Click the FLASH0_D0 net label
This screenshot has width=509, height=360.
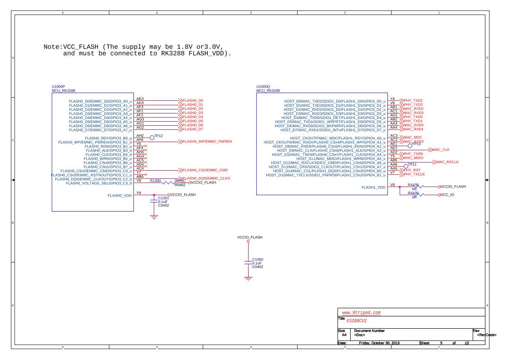pyautogui.click(x=193, y=100)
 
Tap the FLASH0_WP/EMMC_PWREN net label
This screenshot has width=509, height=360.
pyautogui.click(x=207, y=142)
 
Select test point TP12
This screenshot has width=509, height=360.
pyautogui.click(x=158, y=136)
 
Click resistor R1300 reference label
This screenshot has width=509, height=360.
pyautogui.click(x=156, y=181)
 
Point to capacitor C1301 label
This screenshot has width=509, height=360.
pyautogui.click(x=163, y=198)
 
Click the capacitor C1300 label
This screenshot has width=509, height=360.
pyautogui.click(x=258, y=259)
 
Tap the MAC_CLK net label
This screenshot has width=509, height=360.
pyautogui.click(x=441, y=149)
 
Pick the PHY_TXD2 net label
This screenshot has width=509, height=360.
pyautogui.click(x=413, y=100)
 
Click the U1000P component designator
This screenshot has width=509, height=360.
pyautogui.click(x=59, y=86)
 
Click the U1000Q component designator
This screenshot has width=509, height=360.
pyautogui.click(x=264, y=86)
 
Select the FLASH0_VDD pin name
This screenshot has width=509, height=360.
pyautogui.click(x=119, y=195)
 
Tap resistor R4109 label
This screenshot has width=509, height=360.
pyautogui.click(x=413, y=193)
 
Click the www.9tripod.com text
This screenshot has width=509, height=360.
pyautogui.click(x=361, y=313)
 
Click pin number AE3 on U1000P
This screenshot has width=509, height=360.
pyautogui.click(x=140, y=99)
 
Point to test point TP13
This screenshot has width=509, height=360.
pyautogui.click(x=416, y=144)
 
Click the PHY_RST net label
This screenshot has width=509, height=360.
pyautogui.click(x=412, y=170)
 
